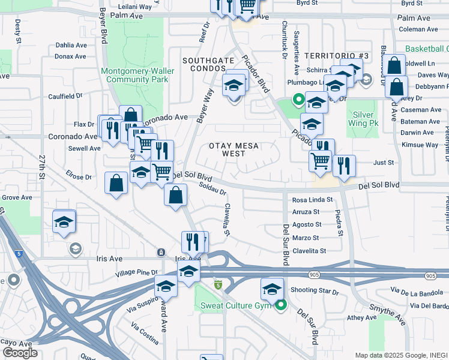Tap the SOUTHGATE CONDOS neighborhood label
208,65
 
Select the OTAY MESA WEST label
236,150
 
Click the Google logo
20,353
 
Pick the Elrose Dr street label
79,177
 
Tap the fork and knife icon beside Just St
344,166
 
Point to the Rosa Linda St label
312,200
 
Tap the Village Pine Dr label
137,273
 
